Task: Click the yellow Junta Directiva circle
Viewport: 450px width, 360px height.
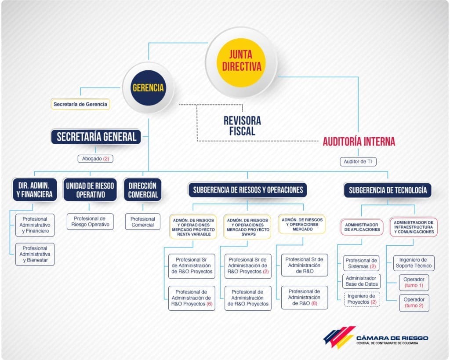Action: tap(241, 62)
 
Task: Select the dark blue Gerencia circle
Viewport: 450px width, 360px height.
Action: tap(148, 87)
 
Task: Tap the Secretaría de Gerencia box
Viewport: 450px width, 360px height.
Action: tap(80, 105)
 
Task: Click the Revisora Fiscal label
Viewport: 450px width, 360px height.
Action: tap(242, 126)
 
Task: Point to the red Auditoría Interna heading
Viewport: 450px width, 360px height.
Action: tap(359, 142)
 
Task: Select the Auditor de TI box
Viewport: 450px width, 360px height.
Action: tap(358, 162)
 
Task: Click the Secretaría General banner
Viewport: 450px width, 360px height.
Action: tap(96, 137)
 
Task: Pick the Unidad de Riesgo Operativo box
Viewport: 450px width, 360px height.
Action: tap(90, 189)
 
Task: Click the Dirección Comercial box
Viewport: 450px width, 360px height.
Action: tap(143, 189)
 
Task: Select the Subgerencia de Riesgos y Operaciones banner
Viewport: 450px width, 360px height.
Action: tap(248, 190)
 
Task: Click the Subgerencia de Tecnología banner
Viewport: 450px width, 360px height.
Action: tap(388, 190)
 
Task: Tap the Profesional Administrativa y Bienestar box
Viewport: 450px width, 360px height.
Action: tap(35, 254)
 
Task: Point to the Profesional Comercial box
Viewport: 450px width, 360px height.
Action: tap(143, 222)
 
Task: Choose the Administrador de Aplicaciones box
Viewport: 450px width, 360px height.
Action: tap(362, 226)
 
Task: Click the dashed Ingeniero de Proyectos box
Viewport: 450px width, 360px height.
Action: tap(362, 299)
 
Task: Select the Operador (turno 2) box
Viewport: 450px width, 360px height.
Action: tap(414, 302)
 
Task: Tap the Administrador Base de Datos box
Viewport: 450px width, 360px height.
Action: tap(362, 281)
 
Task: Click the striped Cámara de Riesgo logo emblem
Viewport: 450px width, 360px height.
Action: tap(339, 337)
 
